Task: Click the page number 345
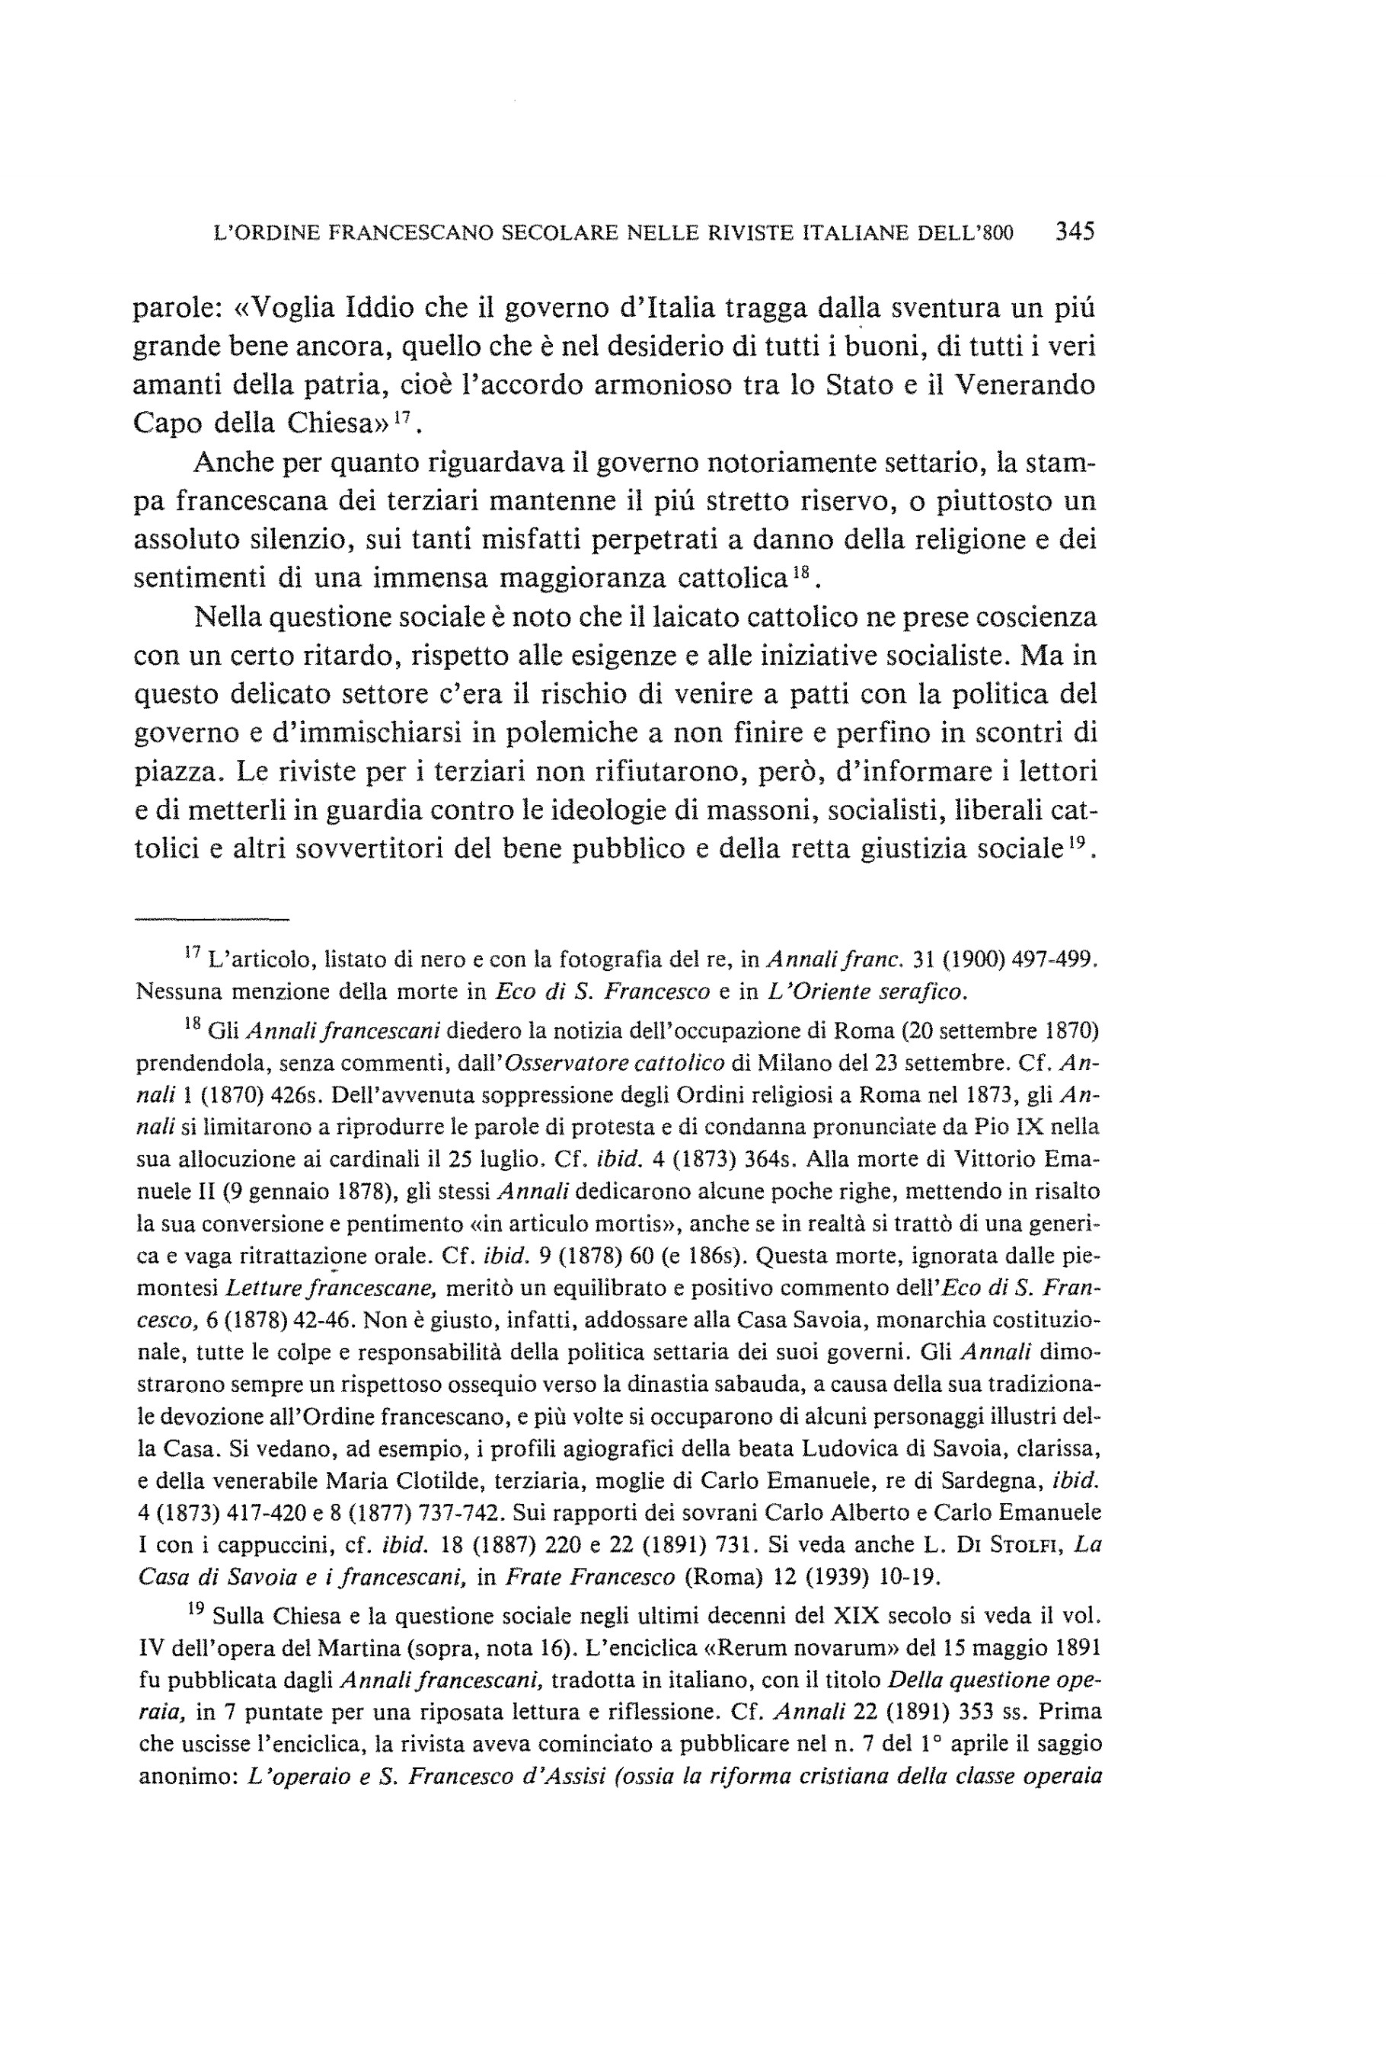coord(1074,231)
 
